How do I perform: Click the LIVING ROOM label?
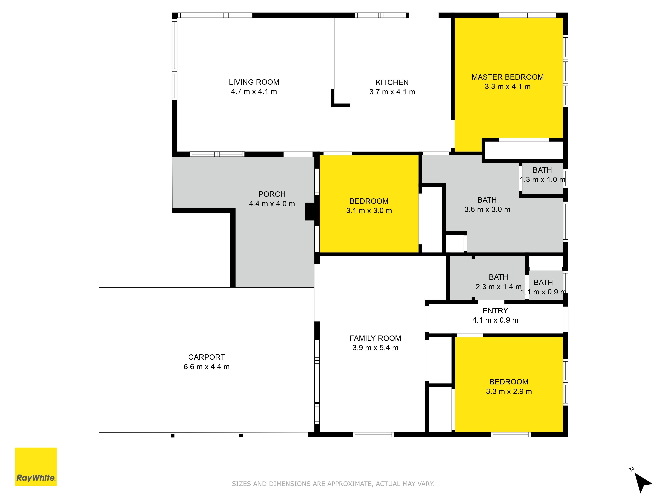pyautogui.click(x=254, y=82)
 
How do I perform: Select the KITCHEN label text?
pyautogui.click(x=392, y=82)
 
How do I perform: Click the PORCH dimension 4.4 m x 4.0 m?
pyautogui.click(x=272, y=204)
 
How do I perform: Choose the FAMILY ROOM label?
pyautogui.click(x=375, y=338)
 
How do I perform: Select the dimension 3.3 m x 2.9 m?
pyautogui.click(x=509, y=391)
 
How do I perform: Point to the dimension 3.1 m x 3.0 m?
pyautogui.click(x=369, y=211)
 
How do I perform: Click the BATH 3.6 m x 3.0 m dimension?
pyautogui.click(x=487, y=210)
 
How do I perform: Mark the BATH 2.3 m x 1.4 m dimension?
pyautogui.click(x=498, y=287)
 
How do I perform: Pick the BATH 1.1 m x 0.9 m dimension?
pyautogui.click(x=544, y=292)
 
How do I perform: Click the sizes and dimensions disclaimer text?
pyautogui.click(x=333, y=484)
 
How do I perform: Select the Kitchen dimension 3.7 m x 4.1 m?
pyautogui.click(x=392, y=92)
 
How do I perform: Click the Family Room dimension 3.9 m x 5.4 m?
pyautogui.click(x=375, y=348)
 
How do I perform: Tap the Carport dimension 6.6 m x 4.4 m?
pyautogui.click(x=207, y=367)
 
